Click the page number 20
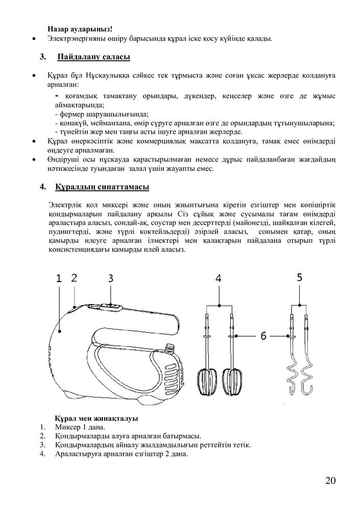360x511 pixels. pos(329,480)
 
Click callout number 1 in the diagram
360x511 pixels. pos(59,278)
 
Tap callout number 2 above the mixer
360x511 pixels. pos(74,277)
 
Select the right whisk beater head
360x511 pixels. pos(232,381)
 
